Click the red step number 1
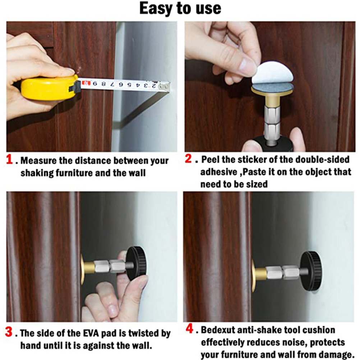click(9, 159)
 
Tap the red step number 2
click(188, 158)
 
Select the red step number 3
click(9, 332)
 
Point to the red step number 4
click(190, 328)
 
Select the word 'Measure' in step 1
click(38, 161)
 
